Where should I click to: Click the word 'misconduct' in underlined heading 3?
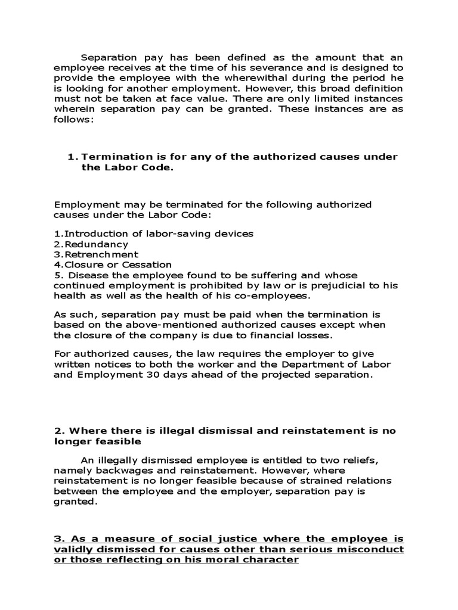(372, 549)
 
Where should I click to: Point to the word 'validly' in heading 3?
(73, 549)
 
